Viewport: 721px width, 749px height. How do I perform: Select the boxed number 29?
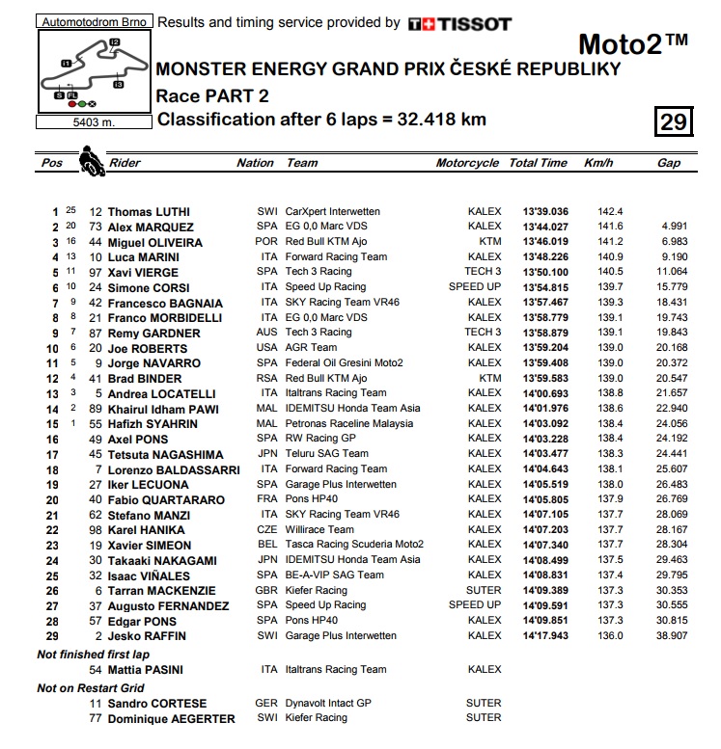click(x=674, y=121)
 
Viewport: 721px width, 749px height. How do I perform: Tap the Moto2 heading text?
click(x=633, y=45)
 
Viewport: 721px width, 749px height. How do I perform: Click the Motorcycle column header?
click(x=467, y=163)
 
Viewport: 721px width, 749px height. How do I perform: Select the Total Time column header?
click(x=539, y=163)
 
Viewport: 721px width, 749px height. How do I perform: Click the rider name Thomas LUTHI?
click(x=149, y=212)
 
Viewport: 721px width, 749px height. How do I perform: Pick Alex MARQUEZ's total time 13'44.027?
click(x=545, y=227)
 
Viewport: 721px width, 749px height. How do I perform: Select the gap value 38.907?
click(x=669, y=636)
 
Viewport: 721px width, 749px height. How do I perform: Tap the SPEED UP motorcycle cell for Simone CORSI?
click(x=475, y=287)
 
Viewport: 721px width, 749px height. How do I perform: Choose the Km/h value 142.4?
click(x=611, y=212)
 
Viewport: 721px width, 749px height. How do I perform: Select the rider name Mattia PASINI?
click(x=145, y=670)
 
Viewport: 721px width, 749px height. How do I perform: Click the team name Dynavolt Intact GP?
click(x=328, y=704)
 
